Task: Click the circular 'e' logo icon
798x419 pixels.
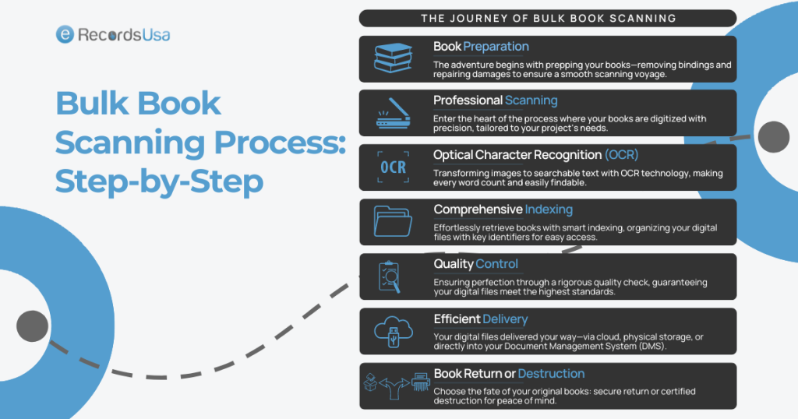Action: pos(65,34)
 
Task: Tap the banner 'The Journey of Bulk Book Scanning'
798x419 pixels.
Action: pos(548,18)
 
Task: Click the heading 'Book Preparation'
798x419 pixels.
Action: pos(481,47)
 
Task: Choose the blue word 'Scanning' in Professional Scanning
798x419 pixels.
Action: pos(531,100)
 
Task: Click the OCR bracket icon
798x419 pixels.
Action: pos(393,167)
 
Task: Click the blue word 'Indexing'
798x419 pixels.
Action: pos(549,209)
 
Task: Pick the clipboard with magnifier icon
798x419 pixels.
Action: pos(393,276)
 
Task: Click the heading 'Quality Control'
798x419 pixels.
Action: pos(475,264)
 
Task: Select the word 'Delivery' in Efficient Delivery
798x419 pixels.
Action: pos(505,319)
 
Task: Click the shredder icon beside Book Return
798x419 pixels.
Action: pos(419,384)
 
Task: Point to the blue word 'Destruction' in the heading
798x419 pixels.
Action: pos(551,374)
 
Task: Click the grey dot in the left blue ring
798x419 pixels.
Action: pos(32,326)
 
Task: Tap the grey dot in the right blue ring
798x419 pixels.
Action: pos(773,137)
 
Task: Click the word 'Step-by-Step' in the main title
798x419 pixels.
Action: pos(159,182)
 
